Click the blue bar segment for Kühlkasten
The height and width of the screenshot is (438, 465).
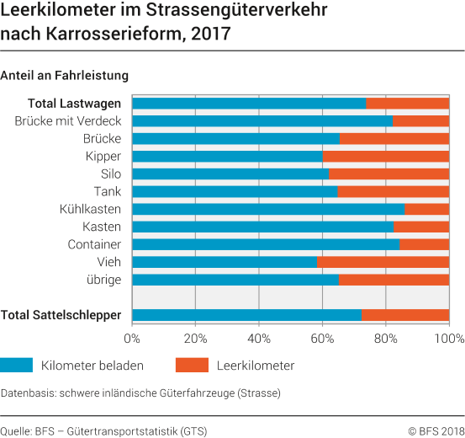coord(268,209)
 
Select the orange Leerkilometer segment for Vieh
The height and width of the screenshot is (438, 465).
coord(383,262)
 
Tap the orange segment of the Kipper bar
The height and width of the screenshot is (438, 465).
coord(386,156)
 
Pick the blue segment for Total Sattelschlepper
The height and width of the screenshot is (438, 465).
coord(246,315)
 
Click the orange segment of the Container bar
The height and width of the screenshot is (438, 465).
coord(425,244)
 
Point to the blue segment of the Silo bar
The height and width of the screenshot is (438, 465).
coord(230,174)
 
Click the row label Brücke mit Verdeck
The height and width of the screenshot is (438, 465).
coord(68,121)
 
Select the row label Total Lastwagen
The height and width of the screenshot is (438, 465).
coord(74,104)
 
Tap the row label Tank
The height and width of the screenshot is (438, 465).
coord(107,191)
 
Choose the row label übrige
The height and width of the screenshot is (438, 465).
coord(103,280)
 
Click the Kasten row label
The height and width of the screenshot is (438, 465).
coord(102,227)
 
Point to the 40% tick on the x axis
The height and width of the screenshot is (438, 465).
coord(259,339)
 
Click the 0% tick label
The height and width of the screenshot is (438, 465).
coord(132,339)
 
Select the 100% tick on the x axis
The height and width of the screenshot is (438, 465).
coord(448,339)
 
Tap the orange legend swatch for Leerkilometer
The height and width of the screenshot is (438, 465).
coord(191,366)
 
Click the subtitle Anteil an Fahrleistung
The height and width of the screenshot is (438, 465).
coord(65,75)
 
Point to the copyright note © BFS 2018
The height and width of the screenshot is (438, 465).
coord(436,430)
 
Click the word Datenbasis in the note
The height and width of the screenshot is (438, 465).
coord(27,393)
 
